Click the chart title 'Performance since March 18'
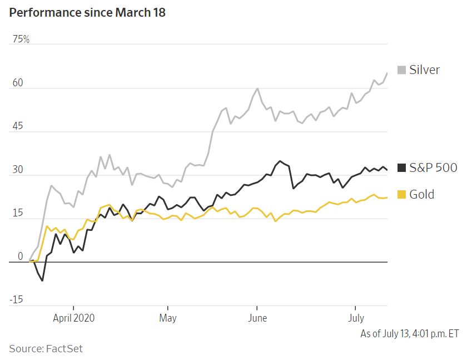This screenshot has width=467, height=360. [87, 12]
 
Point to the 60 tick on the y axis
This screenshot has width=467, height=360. [17, 83]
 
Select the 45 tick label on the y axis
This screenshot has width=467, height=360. [17, 126]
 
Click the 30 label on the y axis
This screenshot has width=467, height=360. [17, 170]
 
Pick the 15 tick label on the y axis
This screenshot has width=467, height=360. [17, 213]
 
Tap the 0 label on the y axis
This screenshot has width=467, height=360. [20, 257]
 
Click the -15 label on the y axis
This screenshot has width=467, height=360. [16, 300]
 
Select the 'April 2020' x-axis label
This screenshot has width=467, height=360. [73, 318]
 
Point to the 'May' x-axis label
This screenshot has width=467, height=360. [167, 318]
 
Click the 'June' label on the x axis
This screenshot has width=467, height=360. [257, 318]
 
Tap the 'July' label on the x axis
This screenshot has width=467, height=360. [356, 318]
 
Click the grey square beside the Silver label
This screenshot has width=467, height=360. [401, 70]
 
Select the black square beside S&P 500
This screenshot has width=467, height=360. [401, 167]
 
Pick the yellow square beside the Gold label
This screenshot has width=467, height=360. [401, 195]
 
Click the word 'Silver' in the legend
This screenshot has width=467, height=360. [424, 70]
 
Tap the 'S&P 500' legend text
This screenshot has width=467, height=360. [433, 167]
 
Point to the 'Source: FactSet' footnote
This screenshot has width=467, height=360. [46, 348]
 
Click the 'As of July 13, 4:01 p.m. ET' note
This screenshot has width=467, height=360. [410, 334]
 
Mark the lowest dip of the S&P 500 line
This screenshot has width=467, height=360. [42, 280]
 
